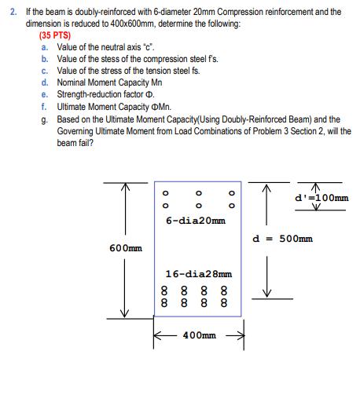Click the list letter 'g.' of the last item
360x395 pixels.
tap(45, 116)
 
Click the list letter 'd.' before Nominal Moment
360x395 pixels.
tap(45, 82)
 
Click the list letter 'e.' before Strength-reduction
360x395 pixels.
tap(45, 93)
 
